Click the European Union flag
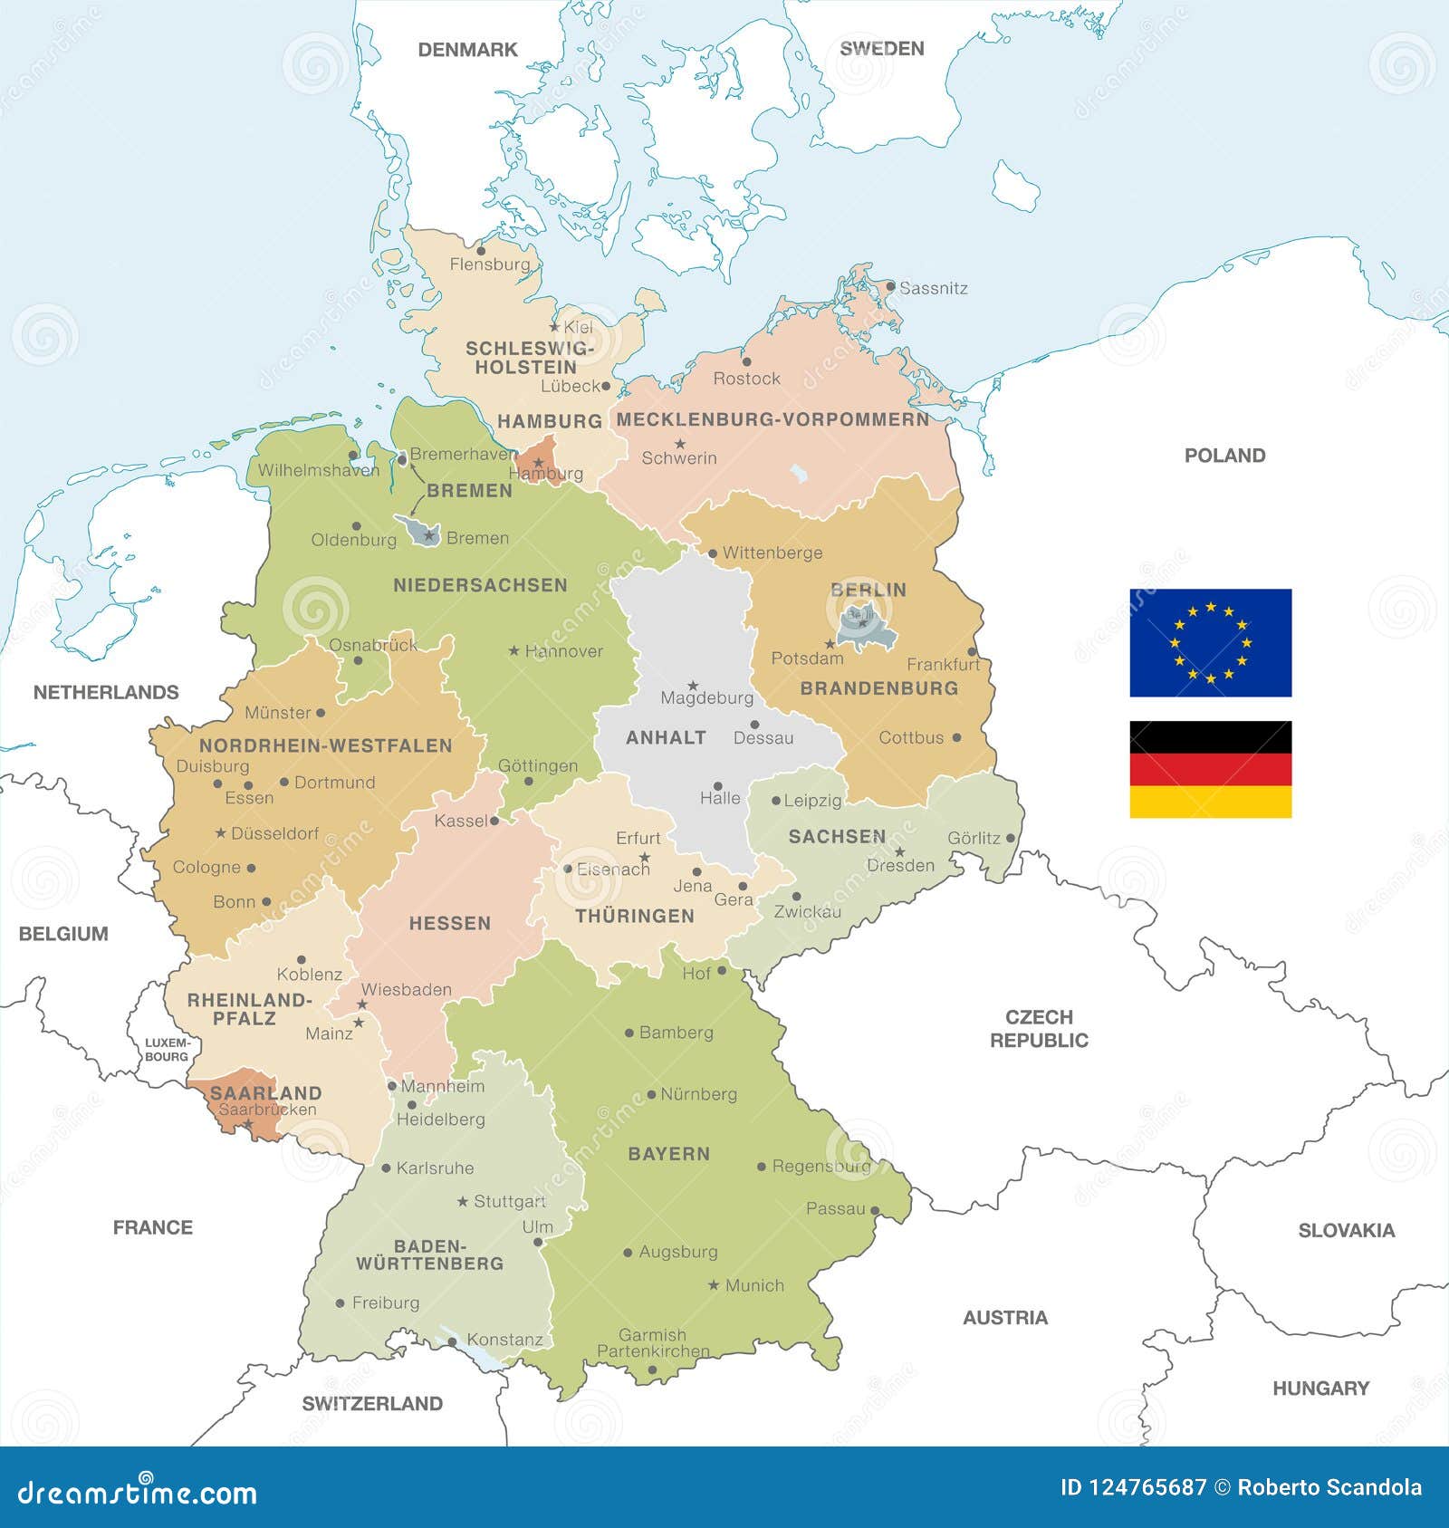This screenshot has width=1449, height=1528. click(1210, 642)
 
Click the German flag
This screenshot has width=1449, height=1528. click(1210, 769)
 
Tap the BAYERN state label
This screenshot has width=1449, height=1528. click(668, 1154)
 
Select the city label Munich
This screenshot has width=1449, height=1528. click(754, 1285)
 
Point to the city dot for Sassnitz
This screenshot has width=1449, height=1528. click(890, 286)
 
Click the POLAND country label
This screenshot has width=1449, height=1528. click(1224, 456)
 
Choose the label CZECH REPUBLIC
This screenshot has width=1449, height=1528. click(1039, 1028)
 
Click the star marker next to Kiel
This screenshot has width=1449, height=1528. click(554, 327)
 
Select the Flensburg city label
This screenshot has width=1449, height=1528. click(490, 264)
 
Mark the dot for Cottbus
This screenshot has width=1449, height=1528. click(956, 737)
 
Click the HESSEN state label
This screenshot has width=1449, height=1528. click(449, 923)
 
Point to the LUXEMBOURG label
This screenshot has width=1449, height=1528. click(167, 1050)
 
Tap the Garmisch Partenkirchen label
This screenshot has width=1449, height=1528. click(653, 1342)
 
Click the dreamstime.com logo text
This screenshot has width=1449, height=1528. click(138, 1493)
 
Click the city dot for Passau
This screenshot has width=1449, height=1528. click(875, 1209)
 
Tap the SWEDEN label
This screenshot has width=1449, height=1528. click(881, 49)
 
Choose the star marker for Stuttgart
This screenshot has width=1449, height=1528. click(463, 1201)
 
